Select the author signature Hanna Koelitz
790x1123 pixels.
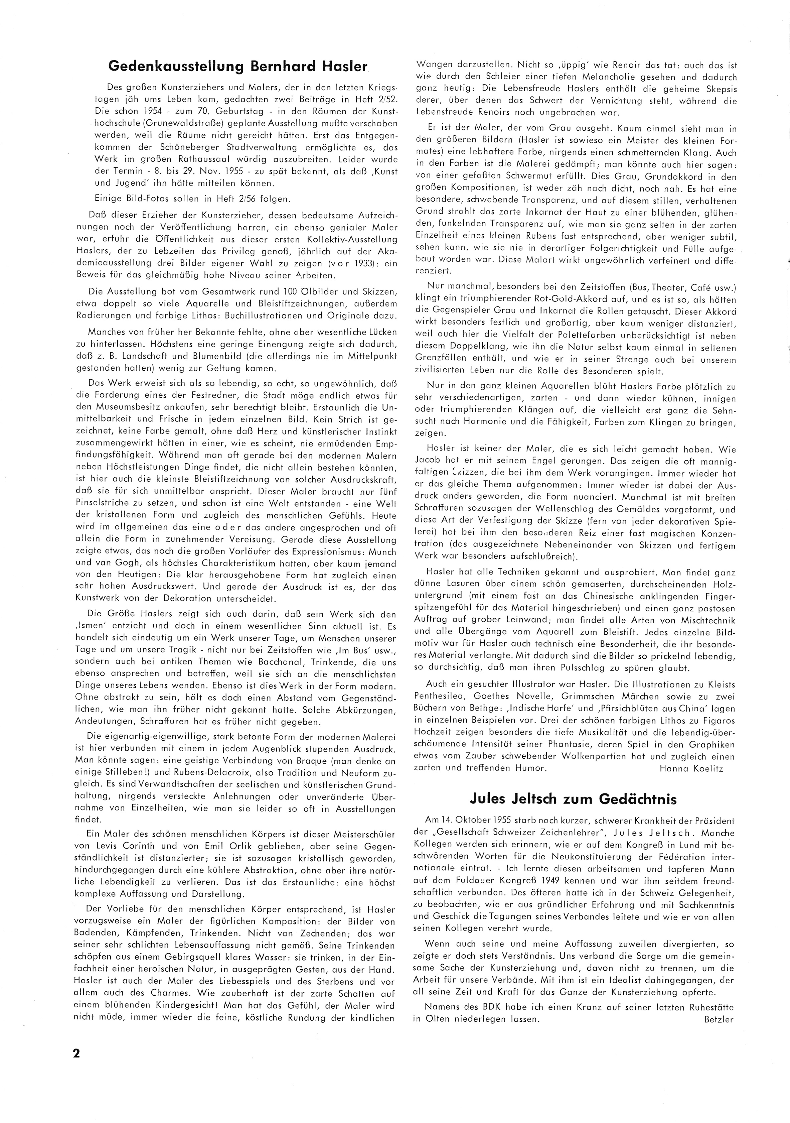click(x=691, y=768)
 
